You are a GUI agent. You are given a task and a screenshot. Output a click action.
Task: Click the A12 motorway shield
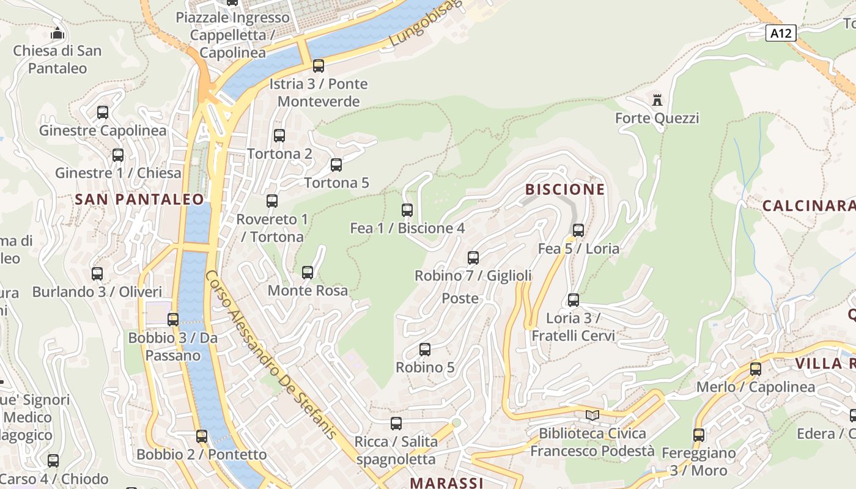pos(781,33)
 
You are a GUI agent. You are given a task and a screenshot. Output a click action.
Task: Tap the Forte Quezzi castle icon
pos(657,100)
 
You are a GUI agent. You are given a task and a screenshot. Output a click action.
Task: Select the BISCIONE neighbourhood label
pos(565,189)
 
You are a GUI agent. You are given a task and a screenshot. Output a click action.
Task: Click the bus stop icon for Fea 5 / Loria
pos(578,230)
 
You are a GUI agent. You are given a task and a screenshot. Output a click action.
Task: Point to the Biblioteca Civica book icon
pos(592,416)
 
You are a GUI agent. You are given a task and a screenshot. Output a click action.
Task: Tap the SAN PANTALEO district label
pos(139,199)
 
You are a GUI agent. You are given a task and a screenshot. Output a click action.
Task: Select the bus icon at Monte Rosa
pos(308,273)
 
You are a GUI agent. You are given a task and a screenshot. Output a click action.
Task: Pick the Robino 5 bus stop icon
pos(425,350)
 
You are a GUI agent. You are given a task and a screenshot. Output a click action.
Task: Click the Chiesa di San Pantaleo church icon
pos(57,33)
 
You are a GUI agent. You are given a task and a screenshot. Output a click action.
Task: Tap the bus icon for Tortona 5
pos(336,165)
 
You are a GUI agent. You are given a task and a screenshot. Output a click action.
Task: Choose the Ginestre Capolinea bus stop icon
pos(103,112)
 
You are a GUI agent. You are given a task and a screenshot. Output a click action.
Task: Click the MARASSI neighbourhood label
pos(446,483)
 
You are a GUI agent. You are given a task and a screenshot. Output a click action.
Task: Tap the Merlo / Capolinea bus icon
pos(756,369)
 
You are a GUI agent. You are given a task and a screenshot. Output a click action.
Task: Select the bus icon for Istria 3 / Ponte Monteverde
pos(319,66)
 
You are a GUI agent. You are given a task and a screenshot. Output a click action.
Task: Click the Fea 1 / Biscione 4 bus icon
pos(407,210)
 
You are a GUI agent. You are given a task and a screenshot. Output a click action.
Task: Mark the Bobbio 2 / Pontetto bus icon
pos(202,436)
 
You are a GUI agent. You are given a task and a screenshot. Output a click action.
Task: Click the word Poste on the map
pos(460,298)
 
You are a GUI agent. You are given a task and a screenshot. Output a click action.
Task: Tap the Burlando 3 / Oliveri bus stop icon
pos(97,274)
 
